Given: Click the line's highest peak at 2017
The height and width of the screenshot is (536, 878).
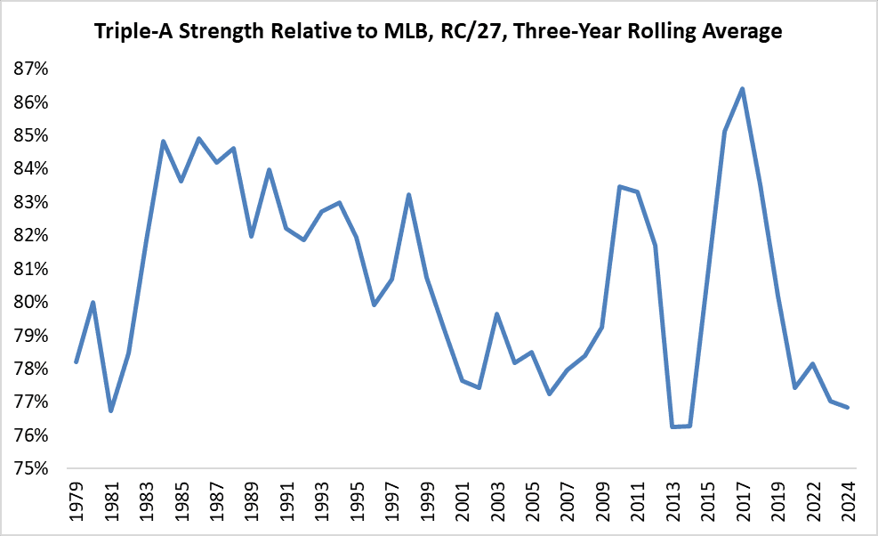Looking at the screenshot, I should click(x=742, y=89).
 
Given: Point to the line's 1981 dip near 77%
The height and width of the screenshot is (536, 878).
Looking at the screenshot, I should click(x=111, y=411).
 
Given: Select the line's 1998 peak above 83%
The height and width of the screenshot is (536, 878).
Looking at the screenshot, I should click(x=408, y=194).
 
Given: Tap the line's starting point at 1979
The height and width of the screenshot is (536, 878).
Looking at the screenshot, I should click(x=77, y=361).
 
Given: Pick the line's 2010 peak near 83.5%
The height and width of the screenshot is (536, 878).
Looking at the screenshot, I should click(x=619, y=186).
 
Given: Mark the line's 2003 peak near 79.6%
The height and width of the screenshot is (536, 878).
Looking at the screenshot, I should click(x=496, y=313).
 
